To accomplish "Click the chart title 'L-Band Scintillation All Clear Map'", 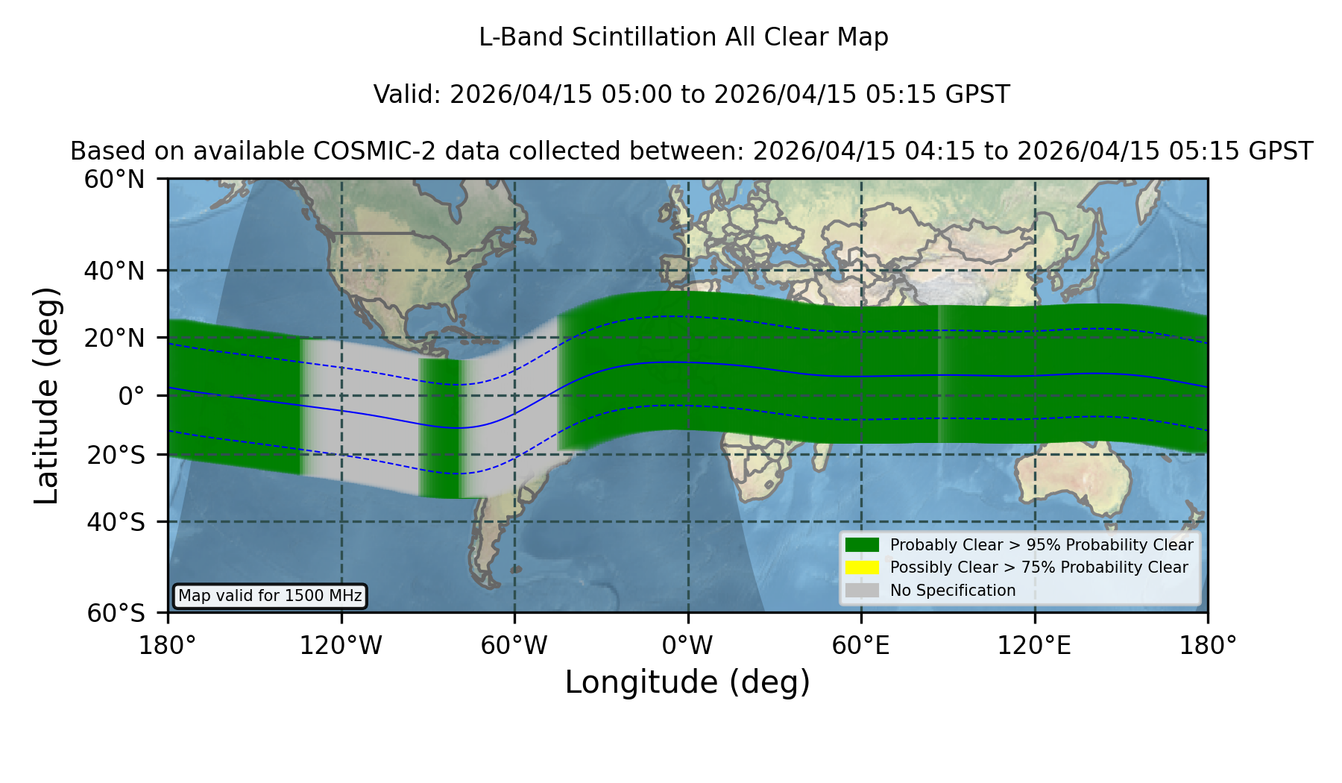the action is click(x=684, y=37).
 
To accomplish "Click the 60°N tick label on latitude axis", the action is click(x=115, y=180).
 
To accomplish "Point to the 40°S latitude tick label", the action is click(x=116, y=522).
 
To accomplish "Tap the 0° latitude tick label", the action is click(x=131, y=396).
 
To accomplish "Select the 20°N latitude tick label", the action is click(x=115, y=338).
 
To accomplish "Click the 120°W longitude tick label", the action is click(x=341, y=645).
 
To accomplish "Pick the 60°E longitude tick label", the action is click(x=861, y=645).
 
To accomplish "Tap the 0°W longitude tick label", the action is click(x=688, y=645).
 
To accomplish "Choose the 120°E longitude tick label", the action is click(x=1035, y=645).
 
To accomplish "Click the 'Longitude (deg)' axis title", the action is click(x=687, y=682).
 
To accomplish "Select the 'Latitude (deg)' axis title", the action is click(x=47, y=395).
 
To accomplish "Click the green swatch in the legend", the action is click(x=862, y=544).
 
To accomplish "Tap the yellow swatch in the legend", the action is click(x=862, y=567).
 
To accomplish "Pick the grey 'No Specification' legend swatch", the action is click(x=862, y=590).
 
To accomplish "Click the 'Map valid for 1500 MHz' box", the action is click(x=270, y=596).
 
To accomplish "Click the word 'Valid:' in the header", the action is click(x=408, y=95).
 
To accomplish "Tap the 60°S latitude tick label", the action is click(x=116, y=613).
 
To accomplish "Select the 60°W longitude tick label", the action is click(x=514, y=645).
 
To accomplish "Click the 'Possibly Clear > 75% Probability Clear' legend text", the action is click(x=1039, y=567).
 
